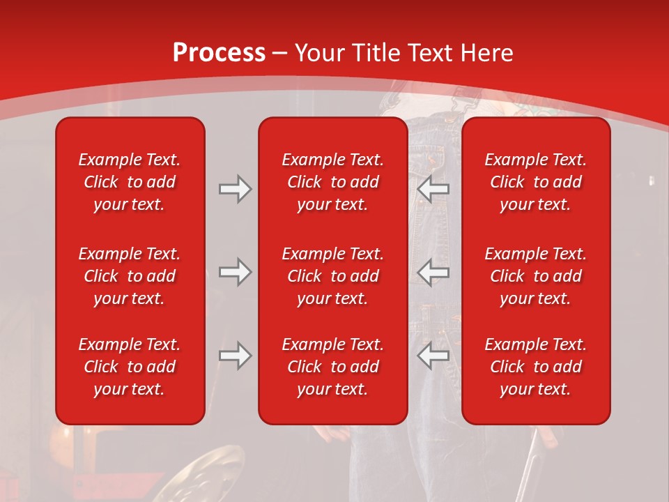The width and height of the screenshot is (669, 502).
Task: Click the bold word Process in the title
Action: tap(219, 53)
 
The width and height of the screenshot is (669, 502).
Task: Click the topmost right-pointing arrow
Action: tap(235, 189)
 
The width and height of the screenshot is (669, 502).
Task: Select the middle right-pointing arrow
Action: tap(235, 272)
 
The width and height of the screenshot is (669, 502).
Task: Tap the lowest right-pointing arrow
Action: tap(235, 356)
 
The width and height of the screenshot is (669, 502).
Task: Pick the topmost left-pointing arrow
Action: tap(433, 189)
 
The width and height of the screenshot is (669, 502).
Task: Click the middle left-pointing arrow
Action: tap(433, 272)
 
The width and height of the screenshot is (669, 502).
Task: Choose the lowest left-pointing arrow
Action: tap(433, 356)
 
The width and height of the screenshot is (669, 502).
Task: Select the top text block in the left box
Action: tap(130, 182)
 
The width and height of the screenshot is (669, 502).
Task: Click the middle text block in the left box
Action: tap(130, 276)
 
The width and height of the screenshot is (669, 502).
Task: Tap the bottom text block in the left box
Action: tap(130, 367)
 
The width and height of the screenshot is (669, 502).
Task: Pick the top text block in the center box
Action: tap(333, 182)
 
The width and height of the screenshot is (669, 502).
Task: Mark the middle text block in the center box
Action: tap(333, 276)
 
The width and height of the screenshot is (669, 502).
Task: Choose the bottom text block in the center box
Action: tap(333, 367)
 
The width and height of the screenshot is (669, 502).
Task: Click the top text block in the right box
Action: tap(536, 182)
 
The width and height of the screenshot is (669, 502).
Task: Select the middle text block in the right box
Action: tap(536, 276)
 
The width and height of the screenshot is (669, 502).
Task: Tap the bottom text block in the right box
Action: tap(536, 367)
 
